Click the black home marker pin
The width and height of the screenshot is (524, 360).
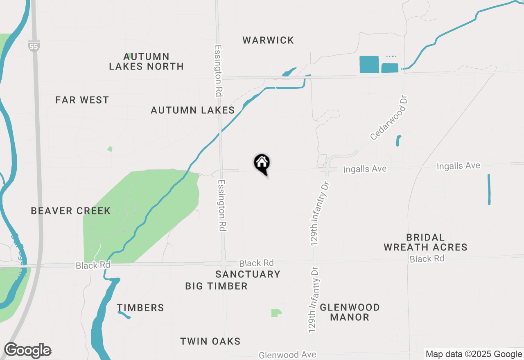tap(262, 163)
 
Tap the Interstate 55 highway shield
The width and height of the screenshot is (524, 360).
tap(34, 46)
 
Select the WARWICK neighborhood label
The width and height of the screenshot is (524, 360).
tap(268, 40)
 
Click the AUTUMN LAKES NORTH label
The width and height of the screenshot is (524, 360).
tap(146, 61)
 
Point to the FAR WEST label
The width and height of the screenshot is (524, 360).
tap(82, 100)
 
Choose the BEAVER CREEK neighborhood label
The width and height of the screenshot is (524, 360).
tap(71, 211)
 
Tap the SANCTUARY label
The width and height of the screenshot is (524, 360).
tap(248, 274)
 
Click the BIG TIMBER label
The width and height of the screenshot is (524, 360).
tap(216, 286)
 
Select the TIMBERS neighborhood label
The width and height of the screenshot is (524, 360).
tap(140, 308)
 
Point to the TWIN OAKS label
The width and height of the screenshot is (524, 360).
tap(210, 341)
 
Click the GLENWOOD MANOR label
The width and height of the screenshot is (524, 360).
tap(350, 312)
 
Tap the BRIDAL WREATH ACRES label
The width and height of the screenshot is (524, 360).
tap(425, 243)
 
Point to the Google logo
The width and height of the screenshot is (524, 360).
tap(27, 351)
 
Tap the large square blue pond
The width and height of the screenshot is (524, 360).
tap(369, 65)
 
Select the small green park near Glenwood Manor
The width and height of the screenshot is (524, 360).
tap(276, 313)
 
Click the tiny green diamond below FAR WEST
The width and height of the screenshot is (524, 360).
tap(110, 149)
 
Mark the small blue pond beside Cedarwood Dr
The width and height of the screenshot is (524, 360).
tap(398, 141)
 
